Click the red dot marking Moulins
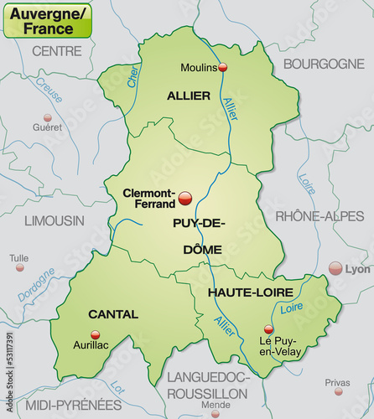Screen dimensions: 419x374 223,67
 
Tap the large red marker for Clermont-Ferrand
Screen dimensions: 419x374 186,199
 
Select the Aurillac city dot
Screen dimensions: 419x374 95,334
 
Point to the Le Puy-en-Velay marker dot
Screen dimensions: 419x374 268,329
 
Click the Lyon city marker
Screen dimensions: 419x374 335,268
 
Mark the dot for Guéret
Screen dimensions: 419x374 48,118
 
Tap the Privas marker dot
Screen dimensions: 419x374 339,391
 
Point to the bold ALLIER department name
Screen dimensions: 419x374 189,96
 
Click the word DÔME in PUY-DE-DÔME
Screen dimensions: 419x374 199,249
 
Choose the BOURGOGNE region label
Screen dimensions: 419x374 324,64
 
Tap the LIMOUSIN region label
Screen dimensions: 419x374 55,220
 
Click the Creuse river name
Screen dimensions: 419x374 48,88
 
